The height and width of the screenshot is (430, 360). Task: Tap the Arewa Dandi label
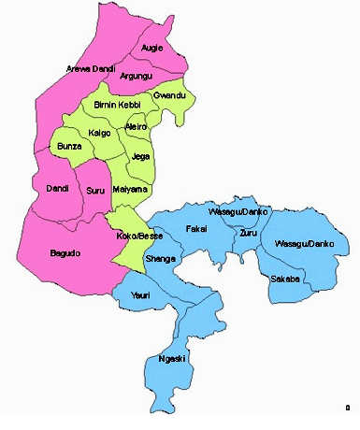90,69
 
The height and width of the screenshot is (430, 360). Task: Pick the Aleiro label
137,125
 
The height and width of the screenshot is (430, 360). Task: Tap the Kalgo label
99,134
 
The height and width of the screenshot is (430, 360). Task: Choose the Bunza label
71,148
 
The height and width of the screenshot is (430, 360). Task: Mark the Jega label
141,155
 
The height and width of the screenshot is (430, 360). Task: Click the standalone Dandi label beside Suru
57,189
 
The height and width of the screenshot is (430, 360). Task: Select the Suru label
95,191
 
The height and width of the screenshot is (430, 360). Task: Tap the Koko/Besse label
138,236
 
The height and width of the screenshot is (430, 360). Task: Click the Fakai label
196,228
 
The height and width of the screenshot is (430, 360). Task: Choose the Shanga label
159,259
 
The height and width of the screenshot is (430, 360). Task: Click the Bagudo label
66,253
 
